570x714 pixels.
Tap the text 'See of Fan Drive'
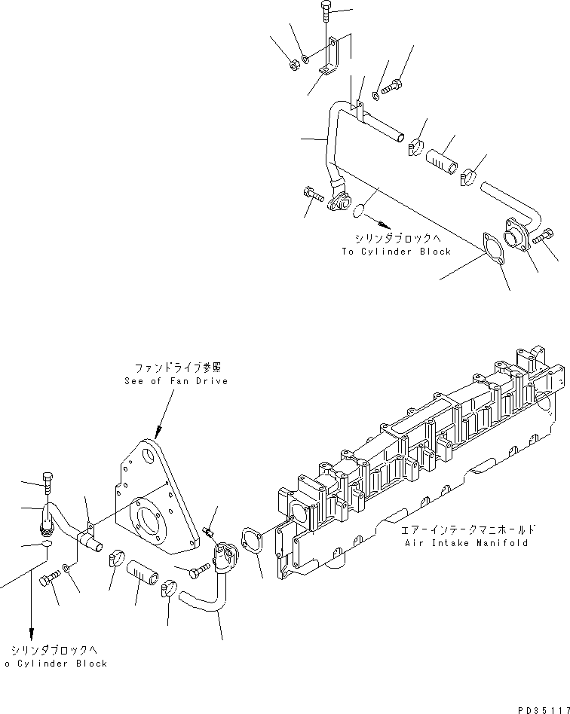coord(176,381)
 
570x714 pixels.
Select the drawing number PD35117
coord(542,709)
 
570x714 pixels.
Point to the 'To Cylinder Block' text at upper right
coord(396,251)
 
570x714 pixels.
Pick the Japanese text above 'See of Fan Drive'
coord(176,368)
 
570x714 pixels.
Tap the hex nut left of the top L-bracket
coord(294,65)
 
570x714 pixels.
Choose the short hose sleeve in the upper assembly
coord(442,160)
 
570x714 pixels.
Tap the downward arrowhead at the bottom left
coord(32,633)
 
